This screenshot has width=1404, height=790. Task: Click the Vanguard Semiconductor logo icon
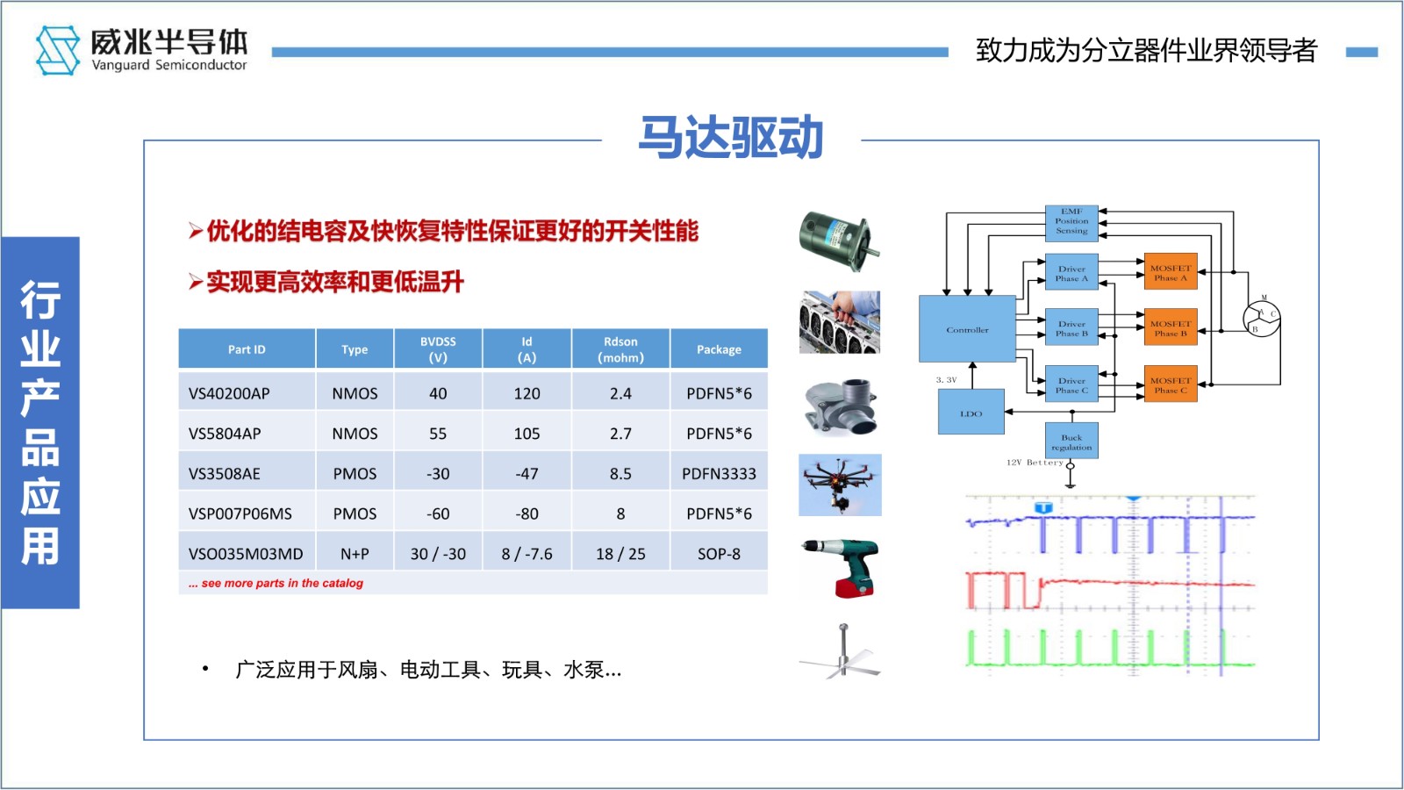[x=57, y=50]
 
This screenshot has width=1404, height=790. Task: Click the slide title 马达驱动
[x=730, y=138]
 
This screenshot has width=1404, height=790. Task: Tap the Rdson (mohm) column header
[x=620, y=349]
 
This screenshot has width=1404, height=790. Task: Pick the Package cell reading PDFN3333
[x=719, y=474]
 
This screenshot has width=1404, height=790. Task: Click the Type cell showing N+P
[x=355, y=554]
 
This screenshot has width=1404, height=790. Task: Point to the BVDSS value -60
[x=438, y=513]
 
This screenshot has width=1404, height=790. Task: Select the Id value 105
[x=526, y=434]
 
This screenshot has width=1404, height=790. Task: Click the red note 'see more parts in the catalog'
[x=276, y=583]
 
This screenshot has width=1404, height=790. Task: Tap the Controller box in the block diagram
[x=967, y=329]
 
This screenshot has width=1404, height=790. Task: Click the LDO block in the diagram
[x=971, y=413]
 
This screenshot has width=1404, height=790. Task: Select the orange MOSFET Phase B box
[x=1171, y=328]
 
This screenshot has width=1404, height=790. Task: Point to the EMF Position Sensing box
[x=1071, y=221]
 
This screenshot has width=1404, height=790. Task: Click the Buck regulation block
[x=1071, y=442]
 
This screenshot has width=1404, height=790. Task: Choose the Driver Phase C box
[x=1071, y=385]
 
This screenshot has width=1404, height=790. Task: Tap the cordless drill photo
[x=840, y=568]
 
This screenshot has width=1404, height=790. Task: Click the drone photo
[x=840, y=485]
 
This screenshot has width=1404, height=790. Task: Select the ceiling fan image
[x=841, y=651]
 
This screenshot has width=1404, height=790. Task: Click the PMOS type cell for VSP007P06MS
[x=355, y=513]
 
